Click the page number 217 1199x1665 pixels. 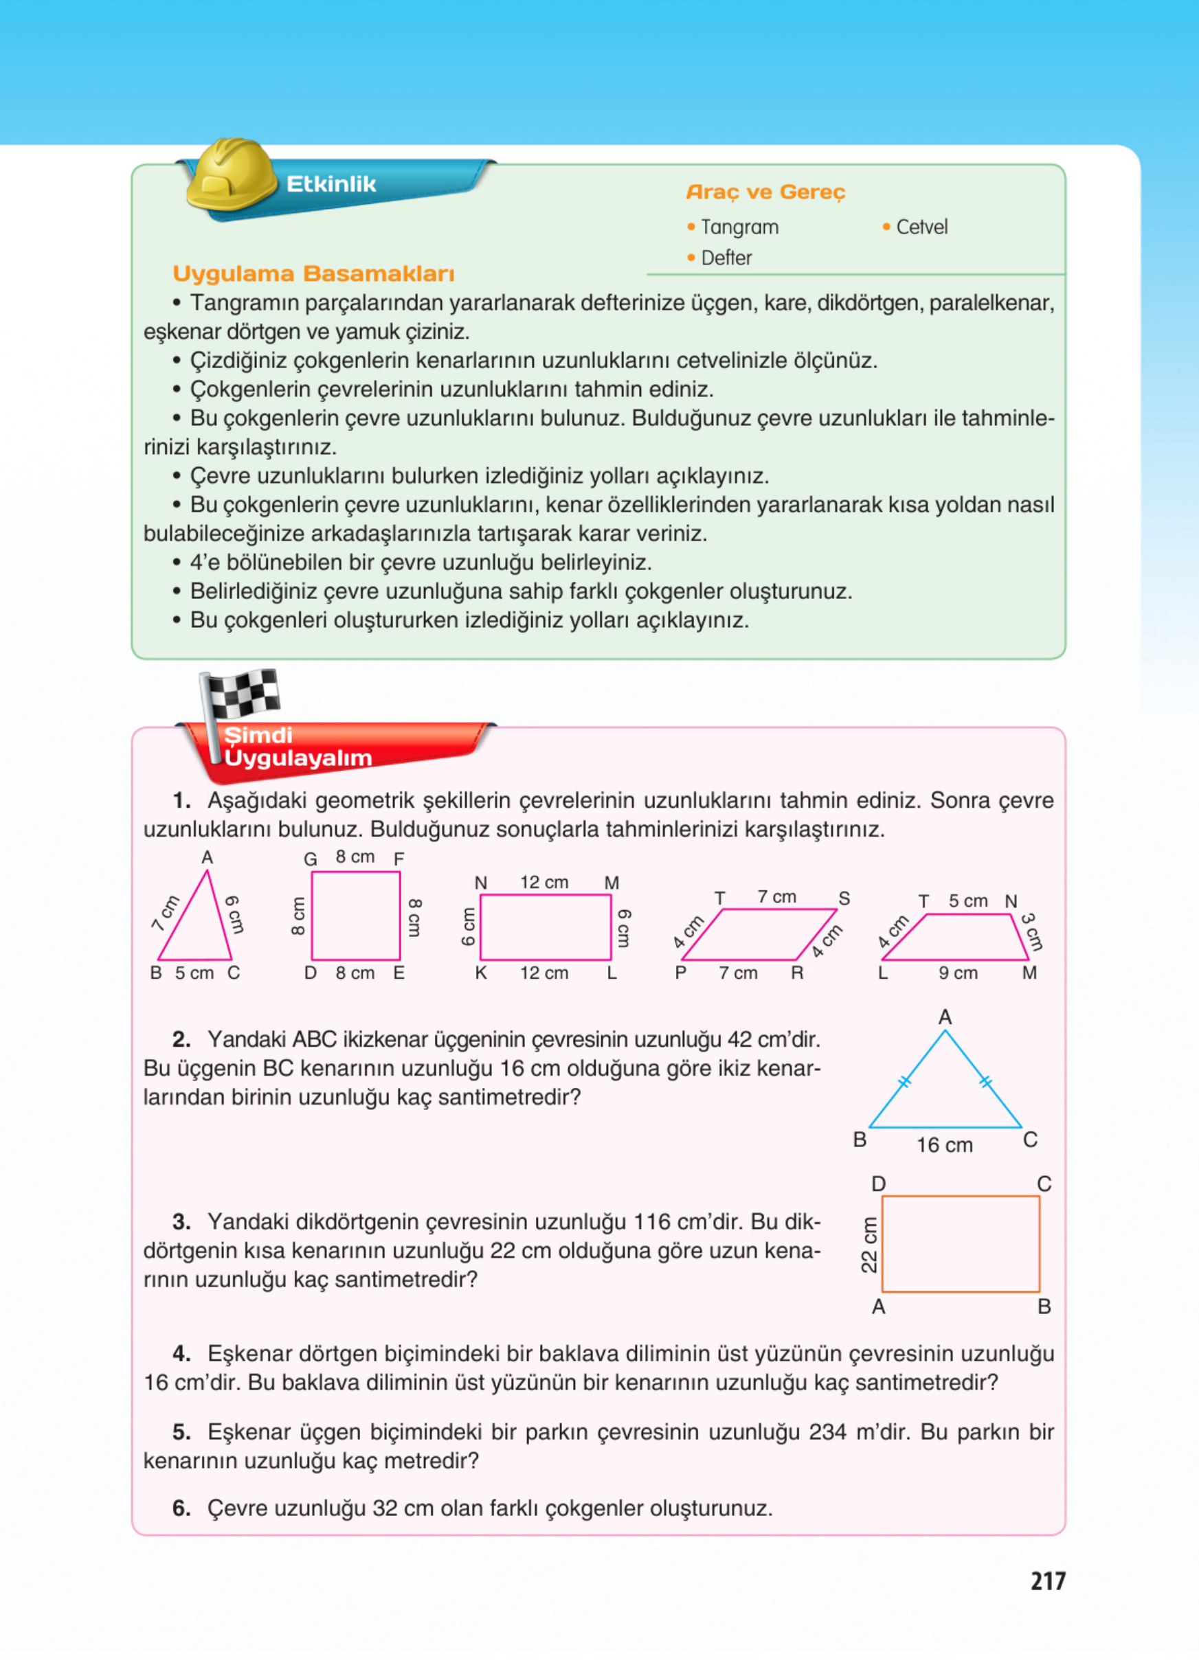pyautogui.click(x=1047, y=1581)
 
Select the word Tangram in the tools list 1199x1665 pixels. pyautogui.click(x=739, y=227)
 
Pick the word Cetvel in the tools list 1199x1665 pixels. pyautogui.click(x=921, y=227)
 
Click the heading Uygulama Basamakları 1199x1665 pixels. pyautogui.click(x=313, y=274)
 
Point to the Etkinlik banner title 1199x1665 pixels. pyautogui.click(x=331, y=184)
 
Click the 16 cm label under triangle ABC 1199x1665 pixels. pyautogui.click(x=944, y=1144)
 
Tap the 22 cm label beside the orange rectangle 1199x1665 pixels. pyautogui.click(x=869, y=1245)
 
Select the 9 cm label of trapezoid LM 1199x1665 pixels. pyautogui.click(x=957, y=973)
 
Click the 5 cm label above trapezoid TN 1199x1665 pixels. pyautogui.click(x=967, y=901)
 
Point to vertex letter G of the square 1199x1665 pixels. pyautogui.click(x=310, y=859)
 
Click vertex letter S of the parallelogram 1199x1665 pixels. pyautogui.click(x=844, y=898)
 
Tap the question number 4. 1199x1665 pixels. pyautogui.click(x=181, y=1354)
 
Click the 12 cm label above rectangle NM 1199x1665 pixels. pyautogui.click(x=544, y=883)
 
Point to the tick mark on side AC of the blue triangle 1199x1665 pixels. pyautogui.click(x=985, y=1081)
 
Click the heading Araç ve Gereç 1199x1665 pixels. pyautogui.click(x=765, y=192)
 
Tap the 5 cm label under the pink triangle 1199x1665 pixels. pyautogui.click(x=194, y=973)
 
